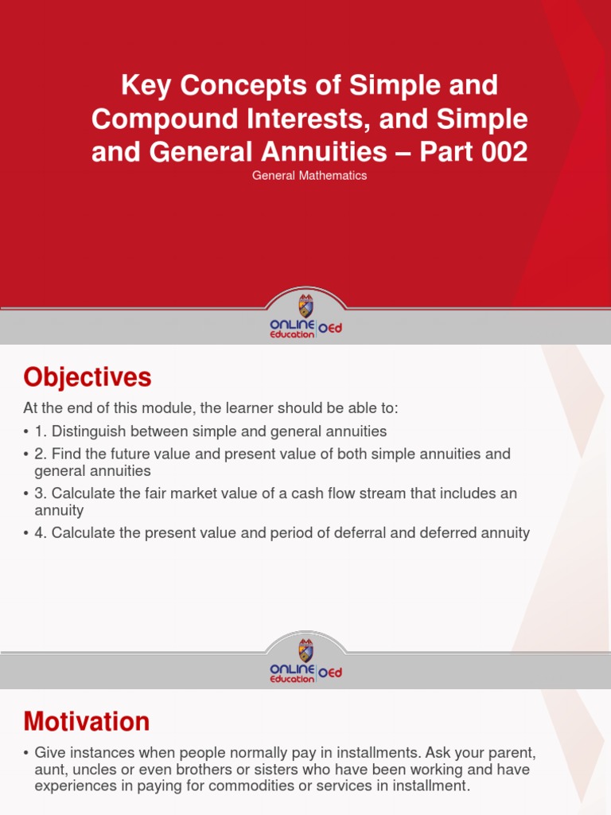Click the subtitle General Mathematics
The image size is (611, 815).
pyautogui.click(x=309, y=175)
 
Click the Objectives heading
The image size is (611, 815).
pyautogui.click(x=88, y=376)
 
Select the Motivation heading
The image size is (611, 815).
pyautogui.click(x=87, y=721)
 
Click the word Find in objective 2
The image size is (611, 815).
pyautogui.click(x=66, y=454)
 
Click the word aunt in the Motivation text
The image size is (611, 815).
pyautogui.click(x=49, y=770)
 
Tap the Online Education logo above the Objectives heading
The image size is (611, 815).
pyautogui.click(x=305, y=318)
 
